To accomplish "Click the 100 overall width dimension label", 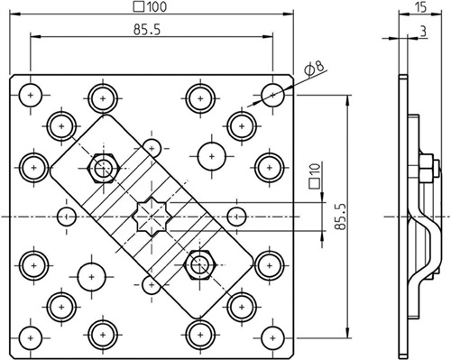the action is (x=150, y=6).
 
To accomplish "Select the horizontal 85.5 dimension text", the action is (x=147, y=30).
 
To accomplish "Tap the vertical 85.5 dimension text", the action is (x=341, y=217).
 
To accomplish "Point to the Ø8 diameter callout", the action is (x=314, y=69).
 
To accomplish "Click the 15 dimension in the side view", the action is (x=420, y=7).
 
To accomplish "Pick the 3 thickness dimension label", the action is (x=423, y=31).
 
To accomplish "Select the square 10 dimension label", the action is (x=315, y=176).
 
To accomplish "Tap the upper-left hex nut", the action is (x=104, y=168).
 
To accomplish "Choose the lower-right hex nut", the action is (x=199, y=265).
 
